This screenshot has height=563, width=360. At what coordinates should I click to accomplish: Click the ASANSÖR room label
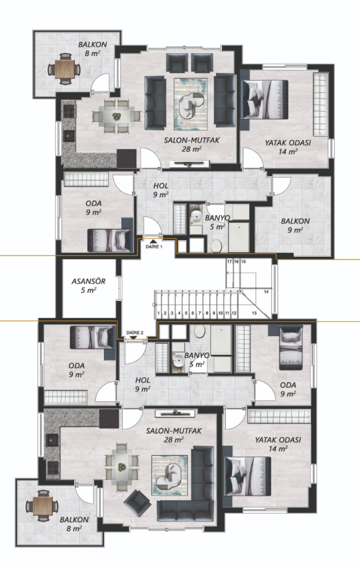(x=88, y=281)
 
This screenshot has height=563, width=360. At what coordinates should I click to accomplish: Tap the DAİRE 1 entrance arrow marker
(x=153, y=242)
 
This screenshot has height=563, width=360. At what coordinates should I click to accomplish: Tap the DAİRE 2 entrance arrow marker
(x=134, y=337)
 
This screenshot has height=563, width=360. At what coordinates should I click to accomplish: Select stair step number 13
(x=254, y=313)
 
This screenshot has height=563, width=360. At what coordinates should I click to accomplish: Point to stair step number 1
(x=158, y=313)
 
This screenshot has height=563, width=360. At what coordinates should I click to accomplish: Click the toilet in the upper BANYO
(x=216, y=246)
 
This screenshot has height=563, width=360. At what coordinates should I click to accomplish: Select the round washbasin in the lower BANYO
(x=178, y=360)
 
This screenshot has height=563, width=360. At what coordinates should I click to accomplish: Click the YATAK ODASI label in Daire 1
(x=288, y=143)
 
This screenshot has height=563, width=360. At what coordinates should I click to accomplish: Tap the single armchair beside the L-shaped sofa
(x=137, y=503)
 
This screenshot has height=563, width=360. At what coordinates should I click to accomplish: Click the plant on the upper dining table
(x=117, y=117)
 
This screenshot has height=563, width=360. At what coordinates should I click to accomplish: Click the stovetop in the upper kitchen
(x=69, y=111)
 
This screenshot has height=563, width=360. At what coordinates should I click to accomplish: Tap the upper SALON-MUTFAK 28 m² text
(x=192, y=145)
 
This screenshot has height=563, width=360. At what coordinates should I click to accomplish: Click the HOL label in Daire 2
(x=142, y=380)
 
